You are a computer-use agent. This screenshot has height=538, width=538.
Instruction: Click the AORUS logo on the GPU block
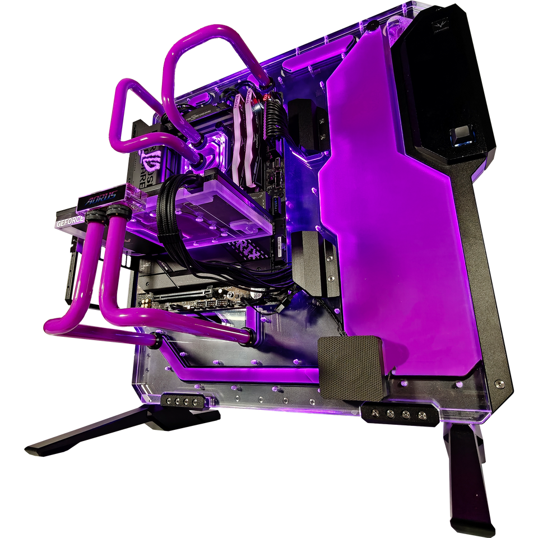point(101,198)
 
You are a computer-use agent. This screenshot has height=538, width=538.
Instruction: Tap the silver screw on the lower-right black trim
point(499,384)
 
